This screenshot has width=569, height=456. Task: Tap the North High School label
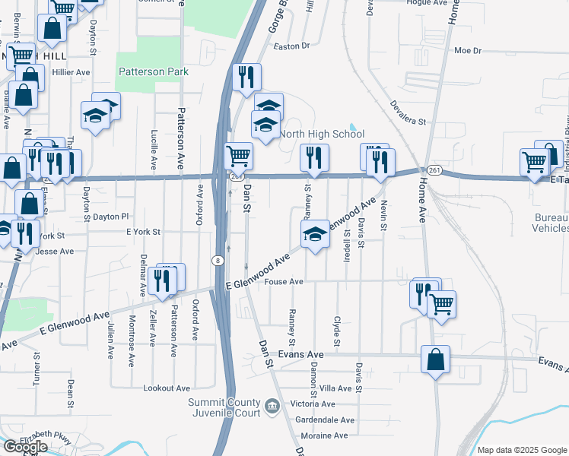pyautogui.click(x=322, y=134)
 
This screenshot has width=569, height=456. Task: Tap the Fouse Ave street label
pyautogui.click(x=286, y=281)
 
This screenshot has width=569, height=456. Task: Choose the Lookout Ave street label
pyautogui.click(x=167, y=388)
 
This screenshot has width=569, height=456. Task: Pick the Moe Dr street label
pyautogui.click(x=468, y=51)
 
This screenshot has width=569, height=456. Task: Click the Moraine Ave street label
pyautogui.click(x=323, y=435)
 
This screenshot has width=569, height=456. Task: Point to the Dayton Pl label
pyautogui.click(x=111, y=217)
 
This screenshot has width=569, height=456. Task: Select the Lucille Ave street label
pyautogui.click(x=154, y=148)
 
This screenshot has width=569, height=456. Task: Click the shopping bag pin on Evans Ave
pyautogui.click(x=435, y=359)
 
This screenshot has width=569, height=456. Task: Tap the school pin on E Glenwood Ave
pyautogui.click(x=315, y=233)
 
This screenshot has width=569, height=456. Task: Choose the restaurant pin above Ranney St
pyautogui.click(x=314, y=157)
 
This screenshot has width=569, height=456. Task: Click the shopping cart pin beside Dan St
pyautogui.click(x=239, y=156)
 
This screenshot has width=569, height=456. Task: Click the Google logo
pyautogui.click(x=24, y=447)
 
